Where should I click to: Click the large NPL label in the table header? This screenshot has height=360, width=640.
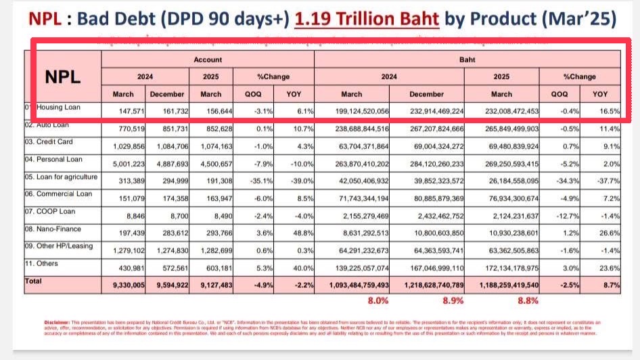63,76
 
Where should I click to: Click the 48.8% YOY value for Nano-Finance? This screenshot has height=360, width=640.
302,231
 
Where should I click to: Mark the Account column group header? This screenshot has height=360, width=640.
208,60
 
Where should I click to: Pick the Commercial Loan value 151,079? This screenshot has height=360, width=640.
127,196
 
